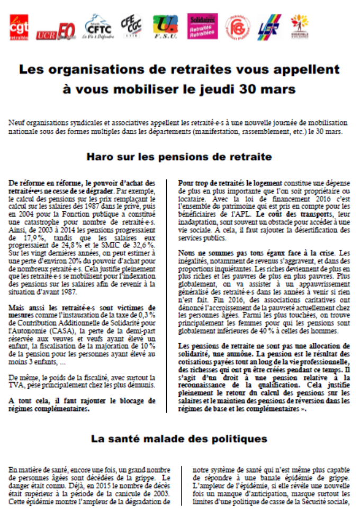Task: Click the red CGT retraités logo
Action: coord(19,28)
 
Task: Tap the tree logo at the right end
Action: coord(299,25)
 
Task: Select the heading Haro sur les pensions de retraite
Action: coord(179,157)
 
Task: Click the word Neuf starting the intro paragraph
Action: coord(17,122)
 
